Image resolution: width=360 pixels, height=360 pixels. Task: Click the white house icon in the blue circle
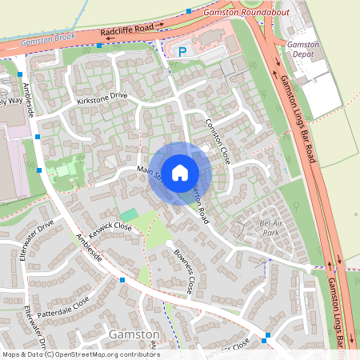[180, 172]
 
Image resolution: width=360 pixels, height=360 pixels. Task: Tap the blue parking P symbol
[182, 52]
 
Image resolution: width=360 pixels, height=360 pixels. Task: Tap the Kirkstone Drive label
[102, 98]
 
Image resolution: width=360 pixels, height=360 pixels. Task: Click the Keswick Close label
[111, 226]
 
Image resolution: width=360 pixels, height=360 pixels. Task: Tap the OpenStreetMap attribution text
[80, 354]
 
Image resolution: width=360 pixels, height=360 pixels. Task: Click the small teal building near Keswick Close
[129, 214]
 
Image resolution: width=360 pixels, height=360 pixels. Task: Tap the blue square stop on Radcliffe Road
[99, 46]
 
